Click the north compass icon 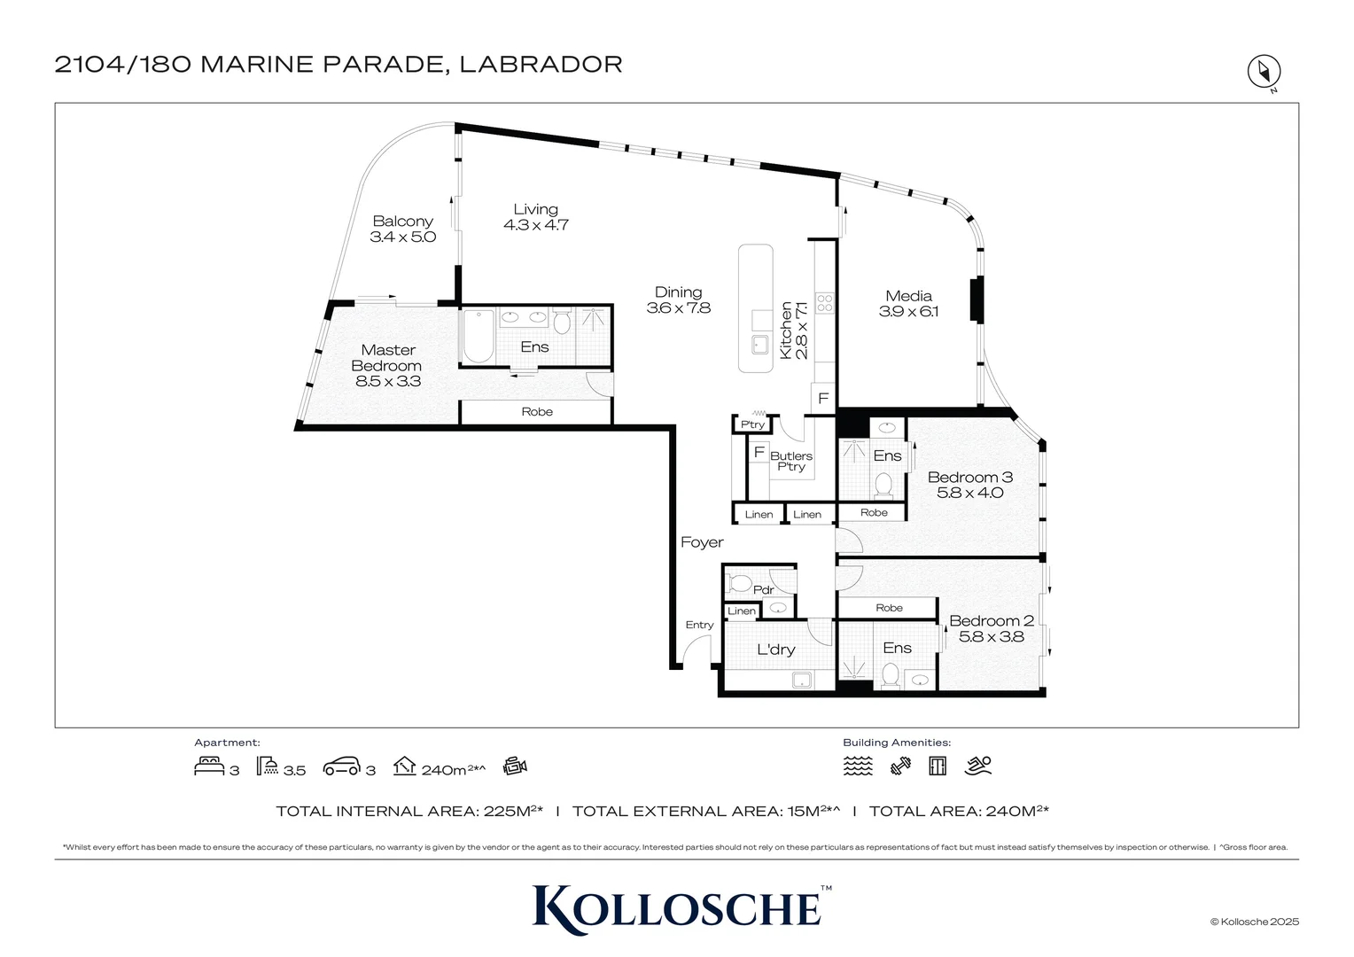point(1264,71)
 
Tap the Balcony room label point(402,222)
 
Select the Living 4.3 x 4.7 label point(535,217)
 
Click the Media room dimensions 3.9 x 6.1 point(908,312)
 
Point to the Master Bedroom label point(387,358)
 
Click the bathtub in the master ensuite point(479,337)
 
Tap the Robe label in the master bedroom point(537,412)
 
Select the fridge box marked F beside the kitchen point(823,399)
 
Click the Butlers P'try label point(790,461)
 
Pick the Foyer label point(702,542)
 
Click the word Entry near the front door point(699,625)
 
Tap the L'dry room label point(775,650)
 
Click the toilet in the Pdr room point(740,584)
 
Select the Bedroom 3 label point(969,477)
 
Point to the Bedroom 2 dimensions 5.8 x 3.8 point(992,636)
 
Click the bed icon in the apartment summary point(208,766)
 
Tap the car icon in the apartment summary point(342,766)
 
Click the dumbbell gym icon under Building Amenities point(900,766)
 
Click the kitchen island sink point(759,344)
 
